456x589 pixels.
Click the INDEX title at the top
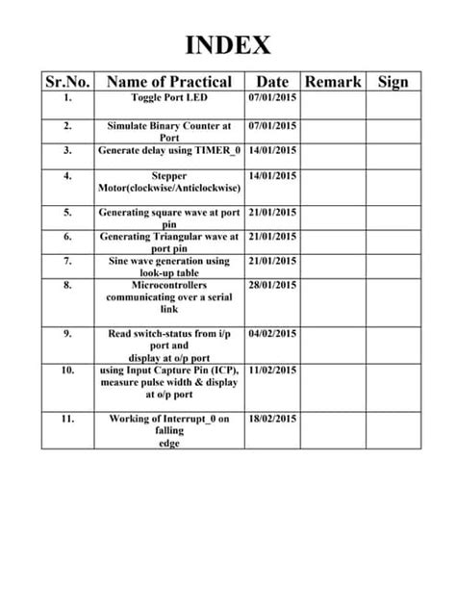228,45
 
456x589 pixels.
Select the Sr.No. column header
67,82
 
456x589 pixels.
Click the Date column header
273,82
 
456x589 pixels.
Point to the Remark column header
333,82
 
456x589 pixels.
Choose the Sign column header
393,82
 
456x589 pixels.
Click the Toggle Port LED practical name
169,99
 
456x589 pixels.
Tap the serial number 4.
67,177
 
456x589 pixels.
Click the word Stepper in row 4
169,177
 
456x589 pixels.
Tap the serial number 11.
67,420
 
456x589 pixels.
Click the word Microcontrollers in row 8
169,286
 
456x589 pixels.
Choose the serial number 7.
67,261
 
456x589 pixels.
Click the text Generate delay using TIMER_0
169,151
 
